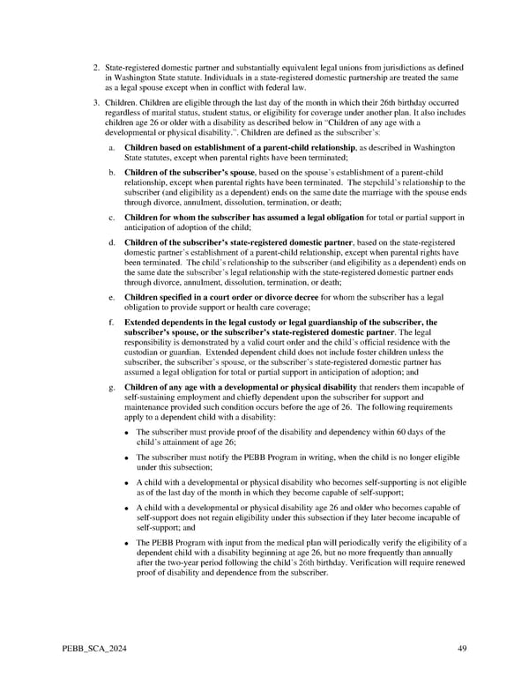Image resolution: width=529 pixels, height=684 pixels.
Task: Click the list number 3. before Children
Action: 96,104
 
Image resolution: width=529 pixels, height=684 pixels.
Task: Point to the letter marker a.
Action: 110,147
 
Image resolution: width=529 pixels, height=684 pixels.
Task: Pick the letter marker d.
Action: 110,242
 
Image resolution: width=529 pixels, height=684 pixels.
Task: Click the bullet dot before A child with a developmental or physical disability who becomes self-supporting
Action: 128,484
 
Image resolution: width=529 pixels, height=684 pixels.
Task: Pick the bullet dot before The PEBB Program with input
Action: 128,544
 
